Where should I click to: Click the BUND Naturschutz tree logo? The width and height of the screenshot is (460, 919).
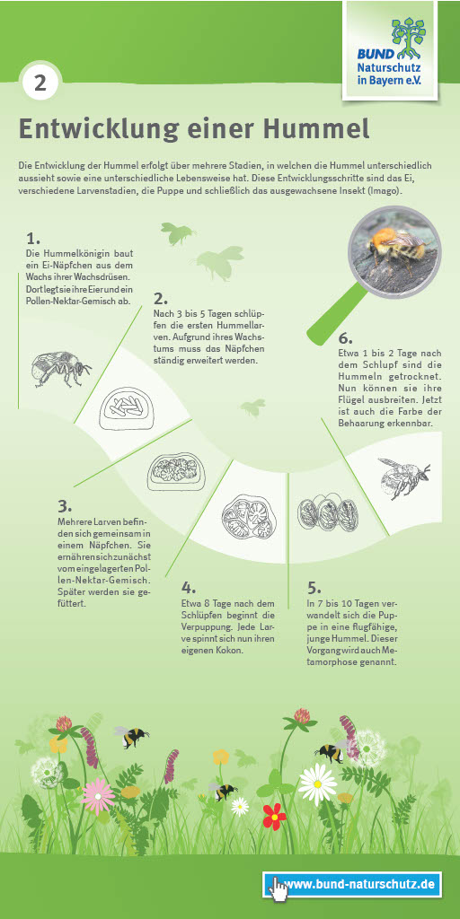tap(409, 36)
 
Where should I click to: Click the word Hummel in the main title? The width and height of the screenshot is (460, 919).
tap(319, 128)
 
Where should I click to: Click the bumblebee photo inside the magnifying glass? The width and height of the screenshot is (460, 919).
tap(394, 251)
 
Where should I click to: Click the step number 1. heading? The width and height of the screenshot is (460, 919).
tap(33, 239)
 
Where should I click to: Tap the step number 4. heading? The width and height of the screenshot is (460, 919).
tap(189, 587)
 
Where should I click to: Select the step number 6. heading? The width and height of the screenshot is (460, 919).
tap(346, 338)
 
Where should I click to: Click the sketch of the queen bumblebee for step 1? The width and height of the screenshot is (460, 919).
tap(61, 368)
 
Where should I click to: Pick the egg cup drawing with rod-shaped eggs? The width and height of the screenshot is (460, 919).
tap(126, 406)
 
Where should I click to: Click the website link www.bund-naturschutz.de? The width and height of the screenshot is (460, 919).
tap(358, 884)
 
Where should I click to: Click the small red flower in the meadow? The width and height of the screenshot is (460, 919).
tap(273, 815)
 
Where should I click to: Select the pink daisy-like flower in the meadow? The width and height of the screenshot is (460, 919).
tap(98, 796)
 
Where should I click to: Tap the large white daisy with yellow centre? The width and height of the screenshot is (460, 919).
tap(317, 784)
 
